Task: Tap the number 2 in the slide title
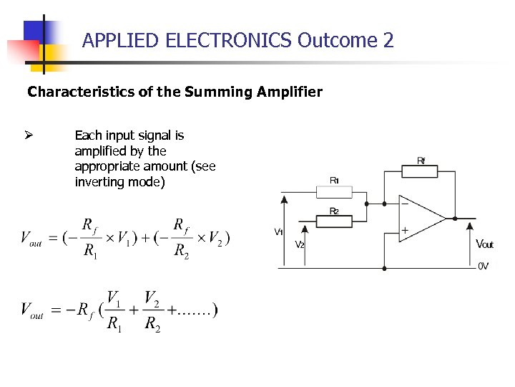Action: [388, 41]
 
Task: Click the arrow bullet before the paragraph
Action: [31, 135]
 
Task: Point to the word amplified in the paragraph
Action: [100, 151]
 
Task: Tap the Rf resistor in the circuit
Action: [423, 174]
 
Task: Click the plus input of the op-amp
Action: [405, 231]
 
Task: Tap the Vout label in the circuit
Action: [484, 244]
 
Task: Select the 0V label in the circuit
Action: [483, 266]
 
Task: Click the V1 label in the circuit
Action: [278, 231]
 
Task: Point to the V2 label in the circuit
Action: [300, 244]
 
